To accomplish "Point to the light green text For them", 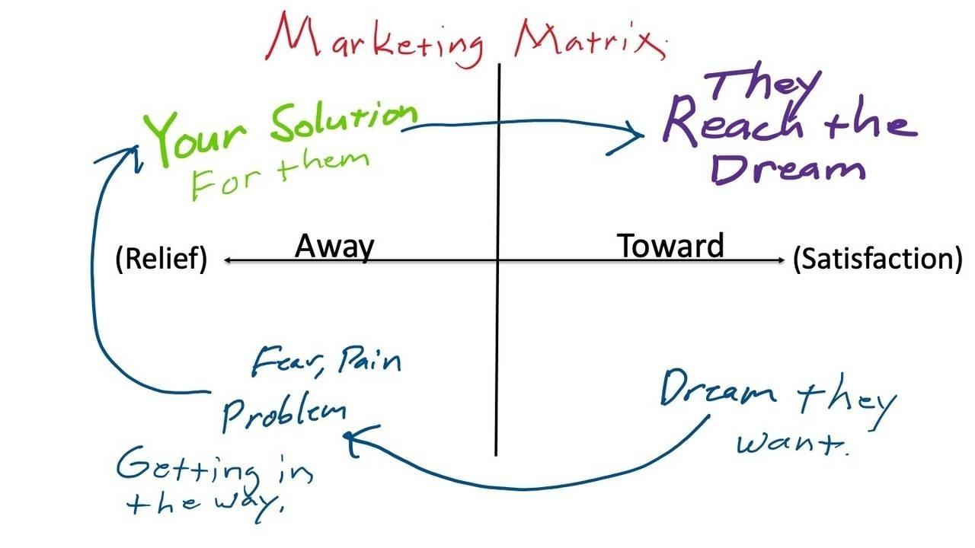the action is [x=278, y=174].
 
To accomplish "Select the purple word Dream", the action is [x=788, y=167].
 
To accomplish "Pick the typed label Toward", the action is [x=670, y=246].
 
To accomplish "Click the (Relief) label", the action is [x=161, y=260].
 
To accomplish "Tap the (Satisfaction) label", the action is [x=877, y=260].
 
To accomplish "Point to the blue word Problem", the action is [x=283, y=412].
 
